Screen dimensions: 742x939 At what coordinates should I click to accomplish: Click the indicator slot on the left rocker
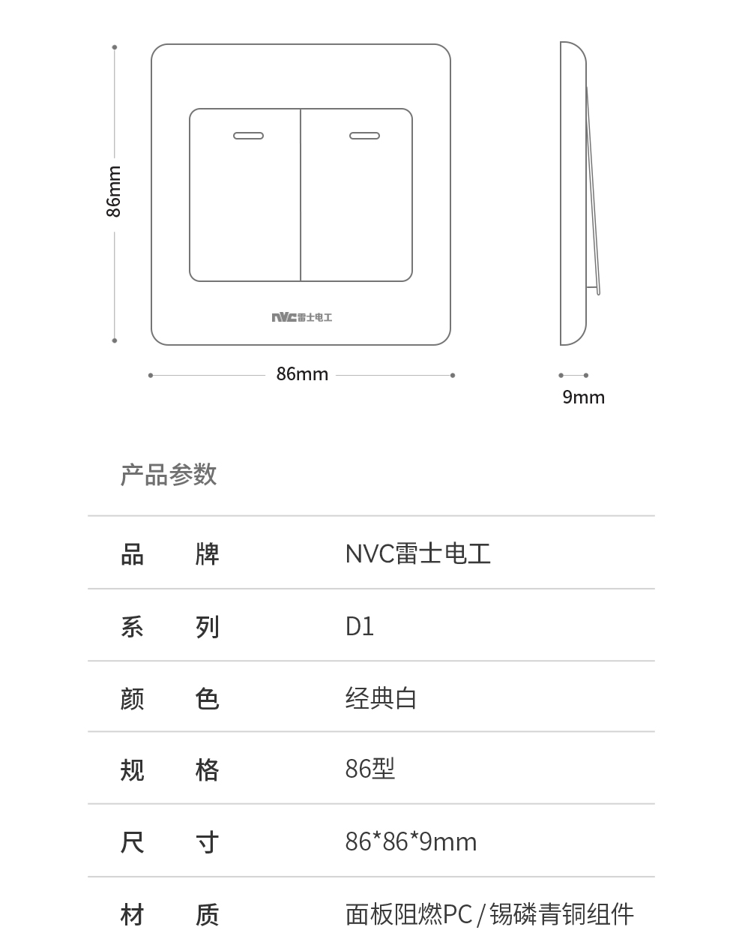tap(248, 136)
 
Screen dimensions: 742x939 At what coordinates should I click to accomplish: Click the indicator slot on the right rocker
tap(365, 136)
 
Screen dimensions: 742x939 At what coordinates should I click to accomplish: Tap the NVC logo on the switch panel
tap(302, 317)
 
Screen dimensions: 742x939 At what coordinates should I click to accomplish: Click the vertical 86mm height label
tap(113, 191)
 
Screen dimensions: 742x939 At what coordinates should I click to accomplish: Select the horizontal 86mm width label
tap(302, 374)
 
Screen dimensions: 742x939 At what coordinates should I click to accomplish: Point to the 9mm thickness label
tap(583, 397)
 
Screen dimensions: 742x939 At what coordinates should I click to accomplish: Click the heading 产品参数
tap(169, 474)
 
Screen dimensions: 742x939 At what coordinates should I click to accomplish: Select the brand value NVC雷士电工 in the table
tap(418, 553)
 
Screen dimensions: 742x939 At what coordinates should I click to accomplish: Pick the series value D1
tap(360, 626)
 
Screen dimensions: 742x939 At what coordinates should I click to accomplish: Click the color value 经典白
tap(381, 698)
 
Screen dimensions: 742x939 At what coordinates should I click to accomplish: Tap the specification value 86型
tap(370, 769)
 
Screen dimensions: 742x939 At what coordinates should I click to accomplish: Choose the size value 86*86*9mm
tap(411, 841)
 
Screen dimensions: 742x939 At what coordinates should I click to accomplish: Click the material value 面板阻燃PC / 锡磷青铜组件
tap(489, 913)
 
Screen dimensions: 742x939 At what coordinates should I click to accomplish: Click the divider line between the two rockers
tap(301, 195)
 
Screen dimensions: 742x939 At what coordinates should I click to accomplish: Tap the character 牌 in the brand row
tap(207, 554)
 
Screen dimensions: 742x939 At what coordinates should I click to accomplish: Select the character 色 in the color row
tap(207, 698)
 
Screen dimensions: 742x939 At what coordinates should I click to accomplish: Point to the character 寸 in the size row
tap(207, 842)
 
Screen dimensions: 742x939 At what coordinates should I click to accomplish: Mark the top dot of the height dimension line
tap(114, 47)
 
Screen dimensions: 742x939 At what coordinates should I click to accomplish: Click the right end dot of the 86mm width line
tap(453, 375)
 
